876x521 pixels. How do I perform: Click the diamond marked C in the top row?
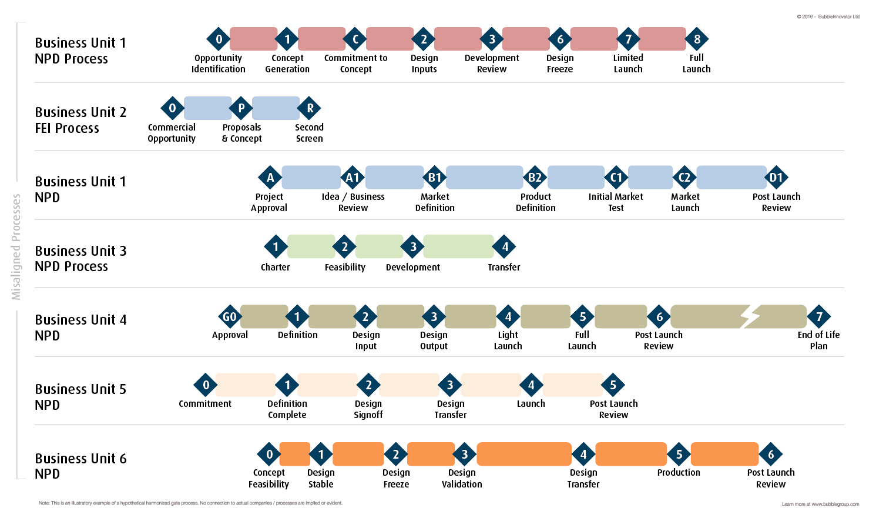pos(355,39)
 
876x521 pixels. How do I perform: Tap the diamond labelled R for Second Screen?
pos(310,108)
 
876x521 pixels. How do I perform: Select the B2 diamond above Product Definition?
pos(535,178)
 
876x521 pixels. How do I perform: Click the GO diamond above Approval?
pos(230,317)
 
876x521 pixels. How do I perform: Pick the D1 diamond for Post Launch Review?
pos(776,178)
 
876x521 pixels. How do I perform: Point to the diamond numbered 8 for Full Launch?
pos(697,39)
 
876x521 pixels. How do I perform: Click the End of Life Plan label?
pos(818,340)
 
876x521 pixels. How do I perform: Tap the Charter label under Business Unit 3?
pos(275,267)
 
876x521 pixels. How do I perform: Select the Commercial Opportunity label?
pos(172,133)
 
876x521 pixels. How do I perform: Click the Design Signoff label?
pos(368,409)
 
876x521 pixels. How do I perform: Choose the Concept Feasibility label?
pos(268,478)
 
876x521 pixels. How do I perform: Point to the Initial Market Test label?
pos(616,202)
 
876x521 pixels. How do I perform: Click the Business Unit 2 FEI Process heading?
pos(80,120)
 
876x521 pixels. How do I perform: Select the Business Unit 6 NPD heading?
pos(80,466)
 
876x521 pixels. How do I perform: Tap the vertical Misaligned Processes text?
pos(16,247)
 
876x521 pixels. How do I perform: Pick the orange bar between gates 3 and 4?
pos(524,454)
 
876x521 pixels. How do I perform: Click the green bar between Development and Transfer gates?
pos(458,246)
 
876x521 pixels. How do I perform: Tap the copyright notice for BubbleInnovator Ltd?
pos(828,16)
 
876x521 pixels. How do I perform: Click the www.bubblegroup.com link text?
pos(835,504)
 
